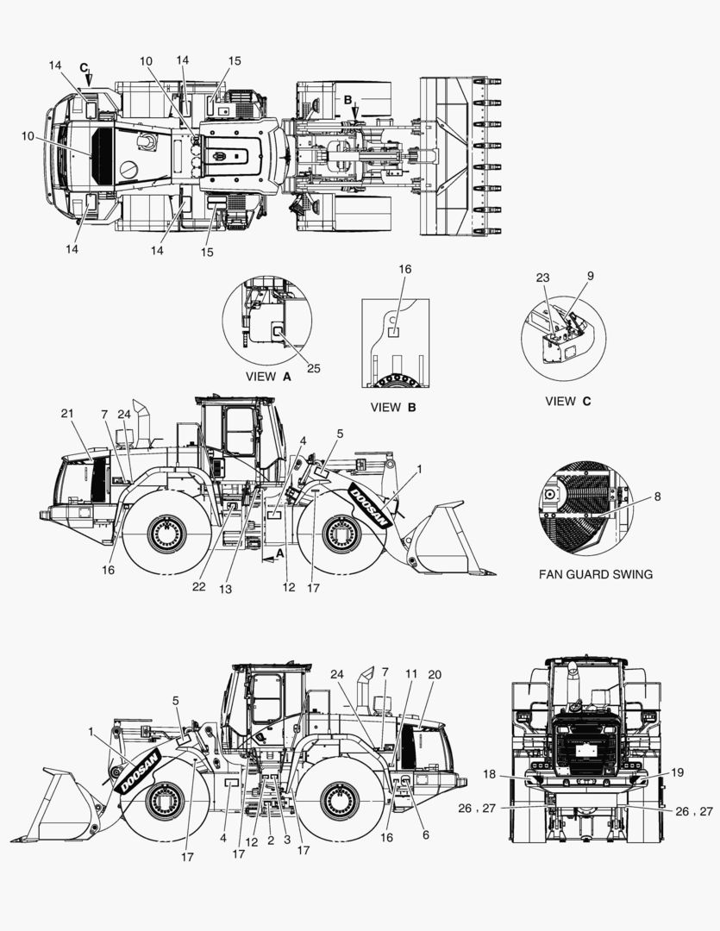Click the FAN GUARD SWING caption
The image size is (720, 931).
pyautogui.click(x=595, y=574)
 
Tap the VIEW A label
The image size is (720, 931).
pyautogui.click(x=268, y=377)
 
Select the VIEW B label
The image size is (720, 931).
pyautogui.click(x=392, y=407)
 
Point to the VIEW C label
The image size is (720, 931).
pyautogui.click(x=568, y=401)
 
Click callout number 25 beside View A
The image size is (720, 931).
pyautogui.click(x=314, y=368)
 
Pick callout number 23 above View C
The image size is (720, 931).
pyautogui.click(x=542, y=278)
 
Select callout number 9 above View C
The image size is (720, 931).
pyautogui.click(x=590, y=276)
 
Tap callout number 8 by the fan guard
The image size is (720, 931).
pyautogui.click(x=657, y=497)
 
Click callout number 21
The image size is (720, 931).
pyautogui.click(x=67, y=413)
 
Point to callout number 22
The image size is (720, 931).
pyautogui.click(x=198, y=587)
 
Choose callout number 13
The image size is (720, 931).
pyautogui.click(x=225, y=589)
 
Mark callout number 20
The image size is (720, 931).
pyautogui.click(x=435, y=674)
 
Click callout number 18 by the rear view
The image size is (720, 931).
pyautogui.click(x=489, y=773)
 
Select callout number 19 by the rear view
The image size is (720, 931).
pyautogui.click(x=677, y=772)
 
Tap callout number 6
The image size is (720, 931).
pyautogui.click(x=425, y=834)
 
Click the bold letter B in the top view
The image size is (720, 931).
pyautogui.click(x=348, y=100)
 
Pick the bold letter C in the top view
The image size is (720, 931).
pyautogui.click(x=84, y=68)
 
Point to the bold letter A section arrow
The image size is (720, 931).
pyautogui.click(x=280, y=552)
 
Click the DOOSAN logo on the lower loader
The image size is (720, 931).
pyautogui.click(x=139, y=772)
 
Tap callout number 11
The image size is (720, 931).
pyautogui.click(x=411, y=674)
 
